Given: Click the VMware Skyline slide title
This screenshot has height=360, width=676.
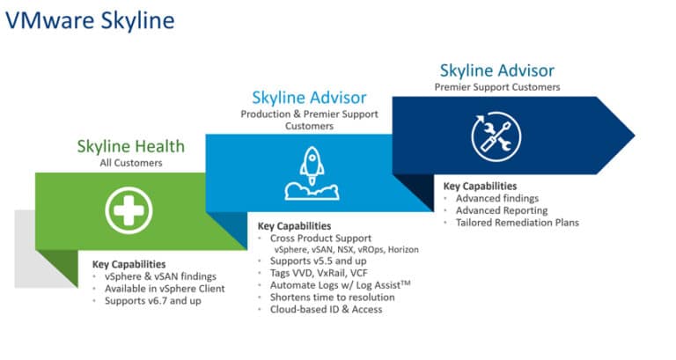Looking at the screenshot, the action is pos(90,21).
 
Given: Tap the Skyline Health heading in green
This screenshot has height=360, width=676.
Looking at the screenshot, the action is pos(130,147).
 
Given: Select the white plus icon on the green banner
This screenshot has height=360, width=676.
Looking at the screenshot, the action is pos(129,210).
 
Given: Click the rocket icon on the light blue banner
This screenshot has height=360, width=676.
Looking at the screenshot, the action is pos(312,173).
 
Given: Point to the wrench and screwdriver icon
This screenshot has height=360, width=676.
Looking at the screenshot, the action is pos(496,136).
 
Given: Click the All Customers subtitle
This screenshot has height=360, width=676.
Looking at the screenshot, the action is pos(131,163).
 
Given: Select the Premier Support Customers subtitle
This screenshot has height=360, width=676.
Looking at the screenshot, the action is pos(497,87).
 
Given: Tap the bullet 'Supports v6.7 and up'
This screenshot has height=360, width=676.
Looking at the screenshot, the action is pos(152,300).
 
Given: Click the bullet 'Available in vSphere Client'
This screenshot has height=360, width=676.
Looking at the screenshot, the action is pos(165,289).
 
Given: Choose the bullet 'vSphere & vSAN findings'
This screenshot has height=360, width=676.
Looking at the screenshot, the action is pos(160,276).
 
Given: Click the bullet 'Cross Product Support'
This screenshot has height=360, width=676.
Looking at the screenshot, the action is pos(320,238).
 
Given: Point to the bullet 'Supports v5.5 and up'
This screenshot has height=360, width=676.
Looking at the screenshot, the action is pos(318,261).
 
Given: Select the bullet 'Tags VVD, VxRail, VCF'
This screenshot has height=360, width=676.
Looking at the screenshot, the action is pos(319,273).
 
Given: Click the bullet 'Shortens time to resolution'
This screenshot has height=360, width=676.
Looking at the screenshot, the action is pos(333,297).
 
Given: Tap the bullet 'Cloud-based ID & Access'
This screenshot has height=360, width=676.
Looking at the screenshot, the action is pos(326,309).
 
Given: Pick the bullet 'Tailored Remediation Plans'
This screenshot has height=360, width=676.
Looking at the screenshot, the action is pos(518,223).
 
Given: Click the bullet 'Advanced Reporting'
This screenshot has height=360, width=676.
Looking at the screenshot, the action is pos(502,210).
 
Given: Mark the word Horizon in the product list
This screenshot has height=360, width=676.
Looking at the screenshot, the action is pos(403,250).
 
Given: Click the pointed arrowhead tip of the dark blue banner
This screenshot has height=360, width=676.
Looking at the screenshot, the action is pos(634,136).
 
